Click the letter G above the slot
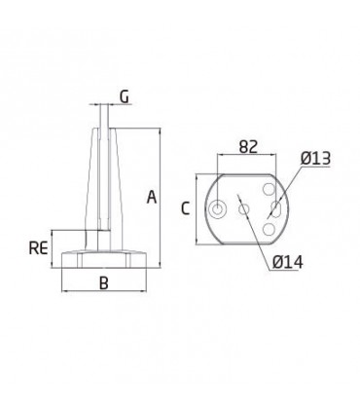[125, 96]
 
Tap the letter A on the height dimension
[152, 198]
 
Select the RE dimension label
[39, 248]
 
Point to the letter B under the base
[104, 282]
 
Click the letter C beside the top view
[185, 208]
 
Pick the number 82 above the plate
[248, 147]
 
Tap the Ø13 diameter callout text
[315, 159]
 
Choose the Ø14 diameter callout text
[288, 262]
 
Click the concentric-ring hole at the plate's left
[217, 209]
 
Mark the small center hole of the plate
[244, 209]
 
